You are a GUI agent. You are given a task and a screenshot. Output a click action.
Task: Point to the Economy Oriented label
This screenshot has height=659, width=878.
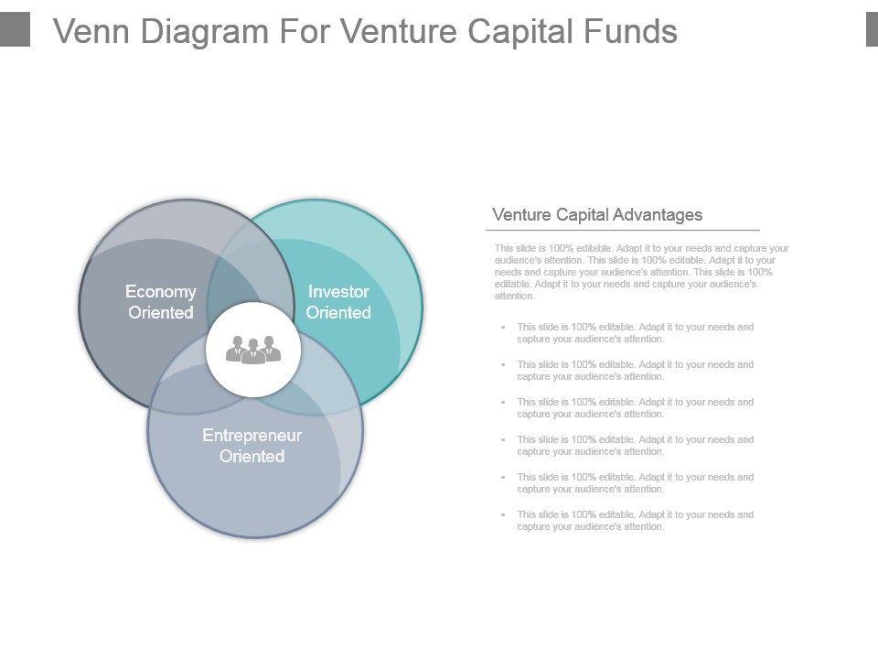161,302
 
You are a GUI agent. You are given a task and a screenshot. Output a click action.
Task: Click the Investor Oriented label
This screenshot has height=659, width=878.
338,302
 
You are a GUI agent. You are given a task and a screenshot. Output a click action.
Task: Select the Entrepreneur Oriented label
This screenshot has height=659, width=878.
252,446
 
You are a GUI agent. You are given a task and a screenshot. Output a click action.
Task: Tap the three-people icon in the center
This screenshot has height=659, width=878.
253,350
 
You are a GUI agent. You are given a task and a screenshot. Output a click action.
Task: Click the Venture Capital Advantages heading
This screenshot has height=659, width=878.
597,215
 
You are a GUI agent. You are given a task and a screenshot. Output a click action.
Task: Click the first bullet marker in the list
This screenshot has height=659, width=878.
503,327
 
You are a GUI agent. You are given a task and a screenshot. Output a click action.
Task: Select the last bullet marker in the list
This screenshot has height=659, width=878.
503,514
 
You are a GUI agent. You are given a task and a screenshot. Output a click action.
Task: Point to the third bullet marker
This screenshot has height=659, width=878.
503,402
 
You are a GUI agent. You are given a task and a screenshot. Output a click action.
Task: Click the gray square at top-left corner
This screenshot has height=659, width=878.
15,28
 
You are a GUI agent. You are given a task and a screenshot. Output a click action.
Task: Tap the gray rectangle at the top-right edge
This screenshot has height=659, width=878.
872,28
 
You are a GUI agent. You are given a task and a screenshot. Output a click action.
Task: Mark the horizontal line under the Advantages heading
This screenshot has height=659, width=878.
622,231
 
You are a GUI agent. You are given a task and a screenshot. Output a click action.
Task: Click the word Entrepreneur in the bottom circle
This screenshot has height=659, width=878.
252,436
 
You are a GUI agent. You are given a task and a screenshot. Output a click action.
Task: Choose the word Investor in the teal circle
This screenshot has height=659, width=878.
338,292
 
